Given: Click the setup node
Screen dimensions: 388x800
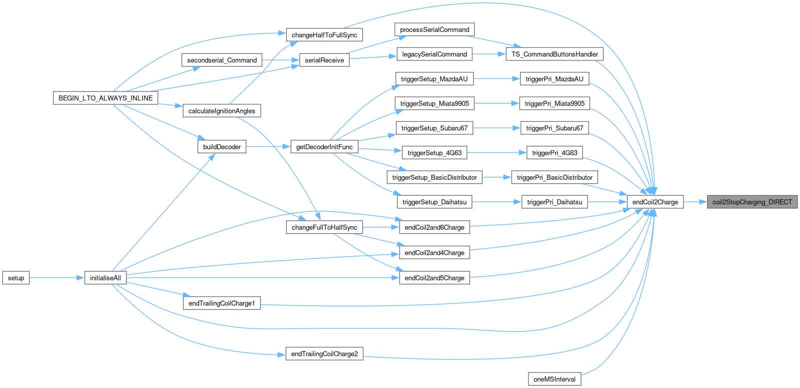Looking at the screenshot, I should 16,278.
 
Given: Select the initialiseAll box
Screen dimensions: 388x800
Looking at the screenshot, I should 105,278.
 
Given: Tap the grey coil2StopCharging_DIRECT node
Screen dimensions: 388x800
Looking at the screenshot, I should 752,202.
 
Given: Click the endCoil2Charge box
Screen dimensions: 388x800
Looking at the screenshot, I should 655,202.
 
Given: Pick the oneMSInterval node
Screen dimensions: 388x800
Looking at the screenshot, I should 554,379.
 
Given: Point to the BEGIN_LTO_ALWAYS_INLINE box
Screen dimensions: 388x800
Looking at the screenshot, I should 105,98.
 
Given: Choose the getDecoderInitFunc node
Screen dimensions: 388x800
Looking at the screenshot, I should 324,147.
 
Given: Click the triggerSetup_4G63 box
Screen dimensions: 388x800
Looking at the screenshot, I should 434,153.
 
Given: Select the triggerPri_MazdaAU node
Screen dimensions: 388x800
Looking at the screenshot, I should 554,79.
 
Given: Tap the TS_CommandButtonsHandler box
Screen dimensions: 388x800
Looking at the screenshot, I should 555,54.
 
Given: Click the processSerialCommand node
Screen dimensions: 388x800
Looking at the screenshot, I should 434,29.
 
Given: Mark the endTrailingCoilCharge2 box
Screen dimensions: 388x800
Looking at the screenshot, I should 324,354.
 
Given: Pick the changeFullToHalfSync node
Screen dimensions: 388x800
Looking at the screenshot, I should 324,227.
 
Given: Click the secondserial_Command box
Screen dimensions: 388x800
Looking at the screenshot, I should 222,60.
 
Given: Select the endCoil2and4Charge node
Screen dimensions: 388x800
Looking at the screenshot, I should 434,253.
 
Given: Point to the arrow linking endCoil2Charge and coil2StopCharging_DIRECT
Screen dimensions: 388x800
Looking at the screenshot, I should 695,202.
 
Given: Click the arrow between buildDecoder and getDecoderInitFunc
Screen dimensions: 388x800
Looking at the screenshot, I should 268,147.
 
